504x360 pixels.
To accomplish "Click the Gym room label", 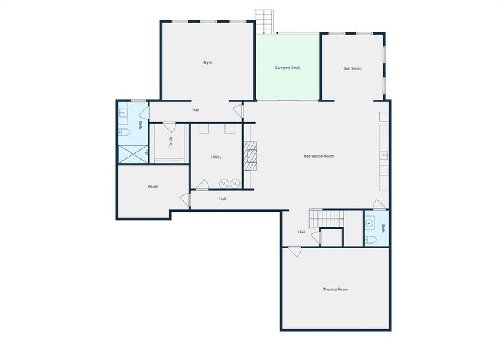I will pos(208,62).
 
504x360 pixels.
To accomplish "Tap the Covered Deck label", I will pos(287,68).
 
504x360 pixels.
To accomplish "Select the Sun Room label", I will pos(352,68).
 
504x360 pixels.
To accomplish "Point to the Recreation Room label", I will pos(319,156).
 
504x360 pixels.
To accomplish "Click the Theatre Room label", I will pos(335,289).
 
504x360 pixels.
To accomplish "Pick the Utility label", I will pos(216,157).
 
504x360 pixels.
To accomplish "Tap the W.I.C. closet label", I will pos(170,142).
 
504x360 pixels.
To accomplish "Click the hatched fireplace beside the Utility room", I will pos(250,157).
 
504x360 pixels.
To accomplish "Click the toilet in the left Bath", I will pos(124,133).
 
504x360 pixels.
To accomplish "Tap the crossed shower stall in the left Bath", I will pos(132,154).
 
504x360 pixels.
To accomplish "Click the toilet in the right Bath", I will pos(371,240).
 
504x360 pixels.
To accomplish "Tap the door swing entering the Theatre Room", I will pos(294,252).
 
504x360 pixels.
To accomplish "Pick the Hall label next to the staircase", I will pos(302,232).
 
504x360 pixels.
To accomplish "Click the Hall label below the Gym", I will pos(196,110).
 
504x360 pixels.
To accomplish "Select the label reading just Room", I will pos(153,187).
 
